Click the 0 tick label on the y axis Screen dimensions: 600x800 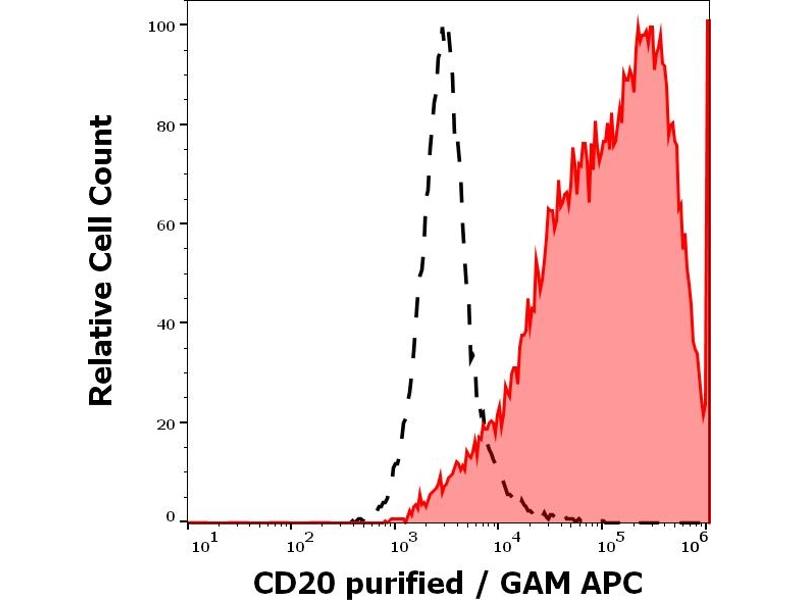(x=170, y=516)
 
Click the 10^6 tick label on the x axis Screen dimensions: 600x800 (x=696, y=543)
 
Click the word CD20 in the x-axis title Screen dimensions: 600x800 (x=290, y=582)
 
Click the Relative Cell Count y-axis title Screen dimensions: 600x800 (x=102, y=260)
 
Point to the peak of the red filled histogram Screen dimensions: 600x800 (x=640, y=27)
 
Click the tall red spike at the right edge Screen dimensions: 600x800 (x=708, y=200)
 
